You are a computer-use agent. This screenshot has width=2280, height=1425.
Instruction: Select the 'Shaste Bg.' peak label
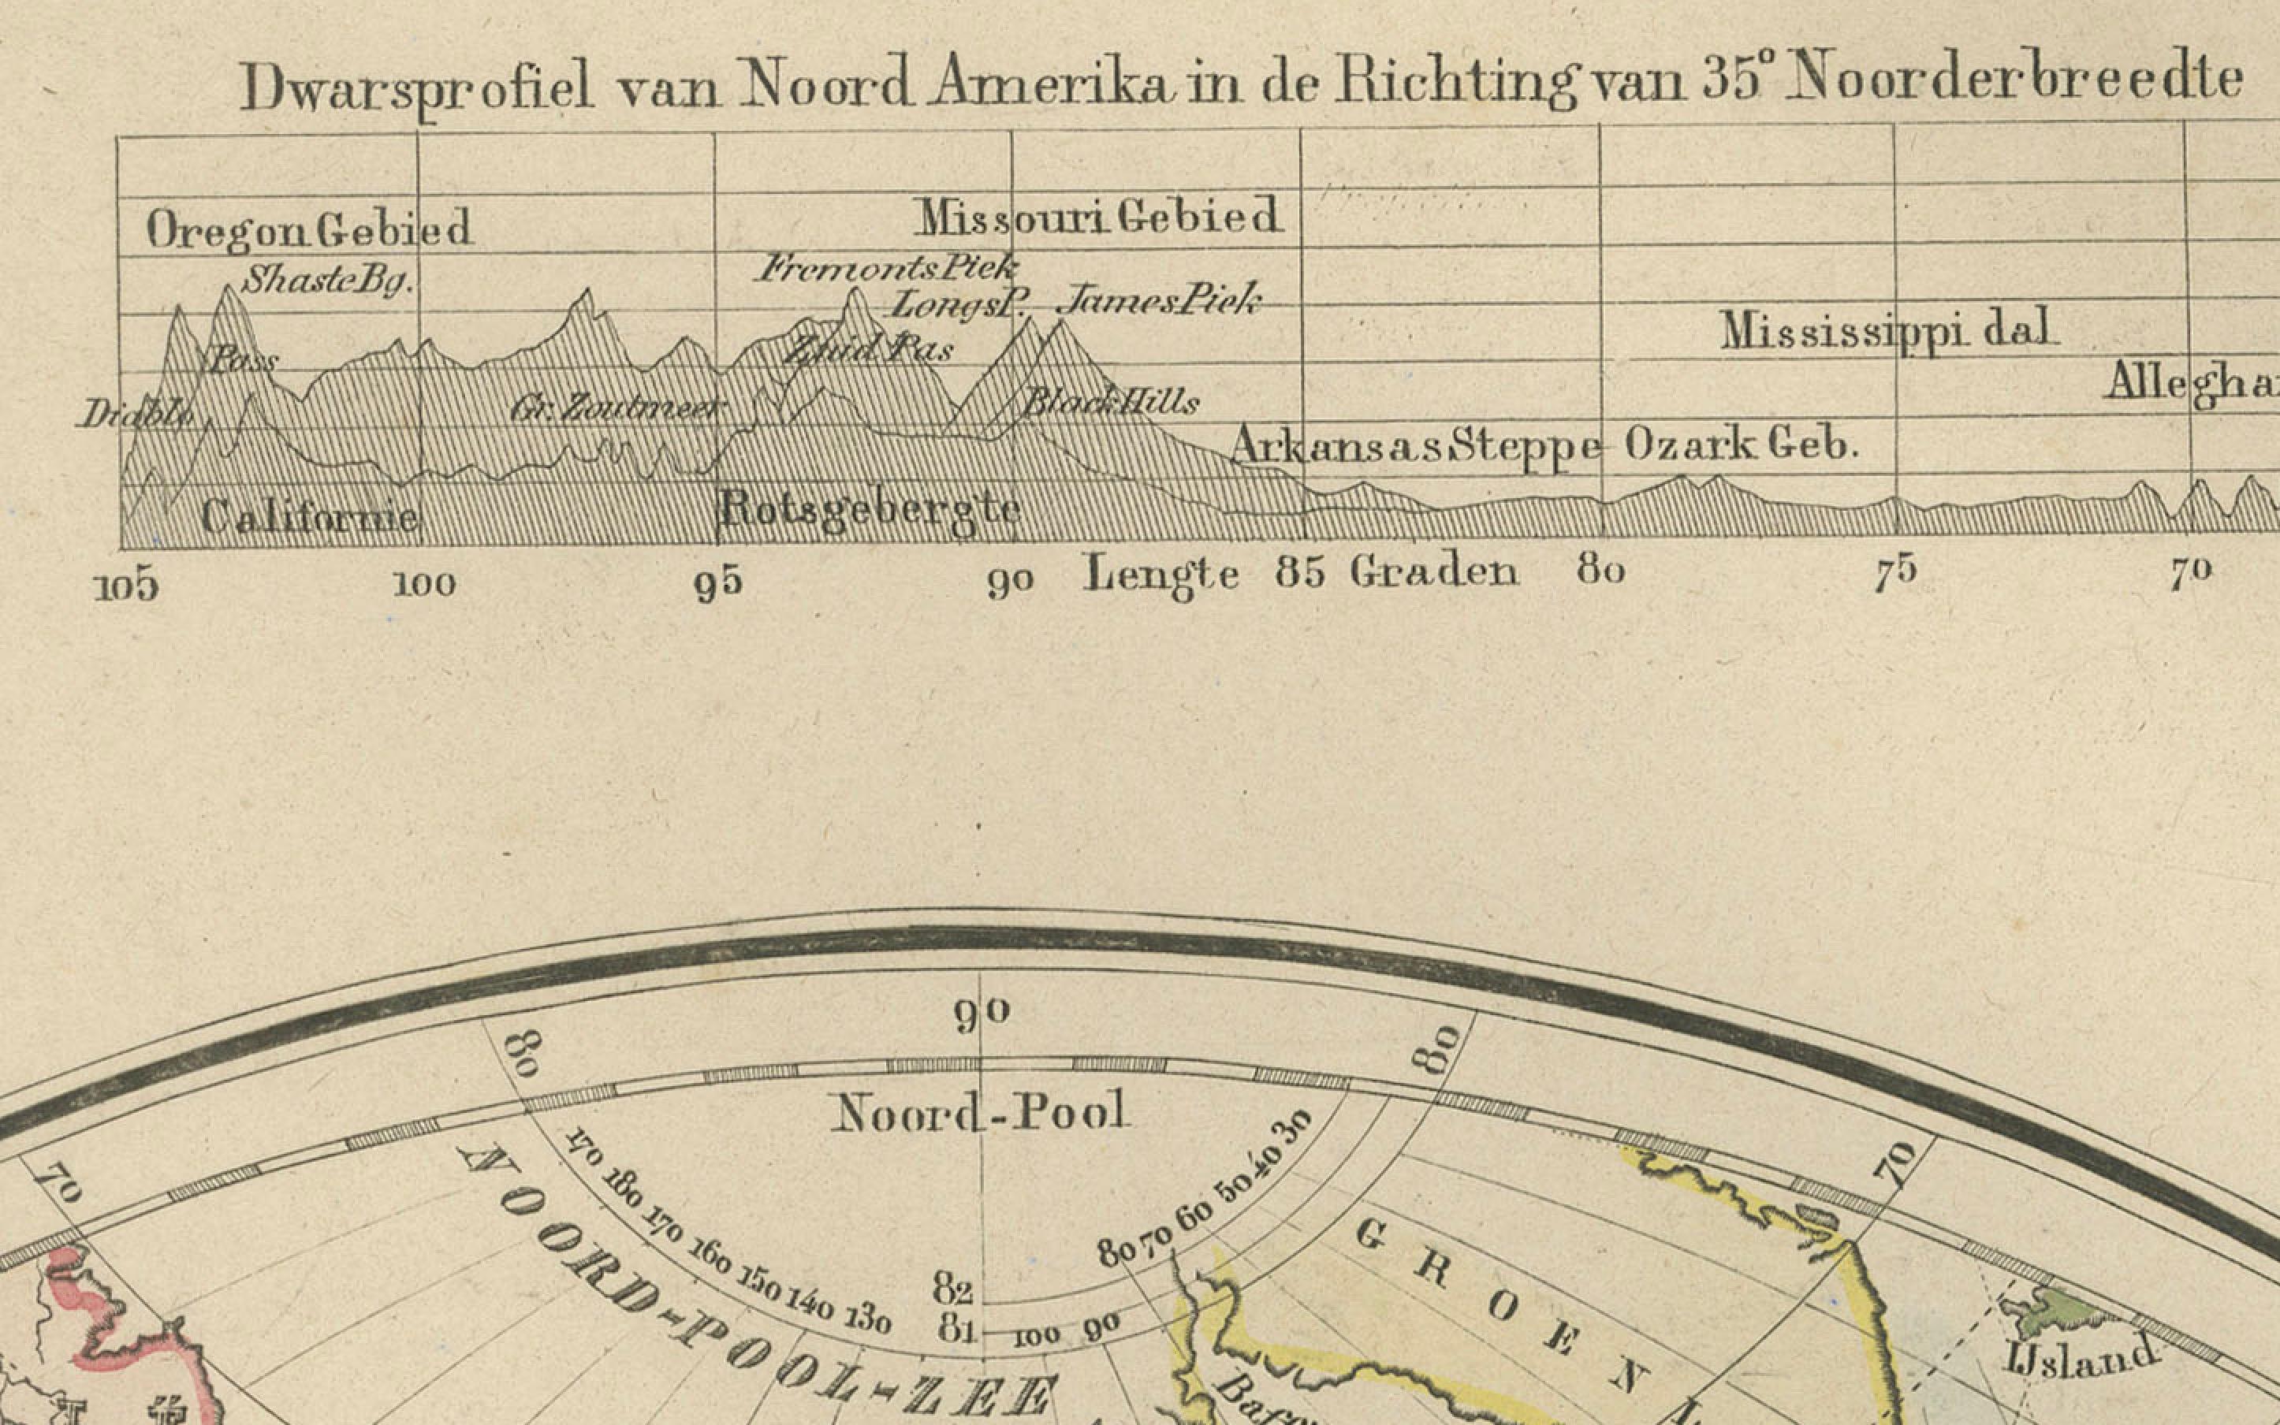pyautogui.click(x=327, y=280)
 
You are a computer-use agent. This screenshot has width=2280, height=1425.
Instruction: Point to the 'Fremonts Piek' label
pyautogui.click(x=886, y=269)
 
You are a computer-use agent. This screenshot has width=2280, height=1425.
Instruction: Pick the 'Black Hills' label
pyautogui.click(x=1110, y=404)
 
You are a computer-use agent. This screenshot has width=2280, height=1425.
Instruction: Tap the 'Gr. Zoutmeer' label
pyautogui.click(x=619, y=409)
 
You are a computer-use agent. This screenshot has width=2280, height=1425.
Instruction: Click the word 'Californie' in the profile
pyautogui.click(x=309, y=517)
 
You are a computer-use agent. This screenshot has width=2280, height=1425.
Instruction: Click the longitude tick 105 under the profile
pyautogui.click(x=126, y=587)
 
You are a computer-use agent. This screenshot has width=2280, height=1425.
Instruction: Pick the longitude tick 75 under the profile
pyautogui.click(x=1895, y=573)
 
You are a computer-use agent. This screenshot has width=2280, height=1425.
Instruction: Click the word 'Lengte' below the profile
pyautogui.click(x=1161, y=574)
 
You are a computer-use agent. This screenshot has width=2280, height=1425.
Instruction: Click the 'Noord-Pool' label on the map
pyautogui.click(x=978, y=1113)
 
